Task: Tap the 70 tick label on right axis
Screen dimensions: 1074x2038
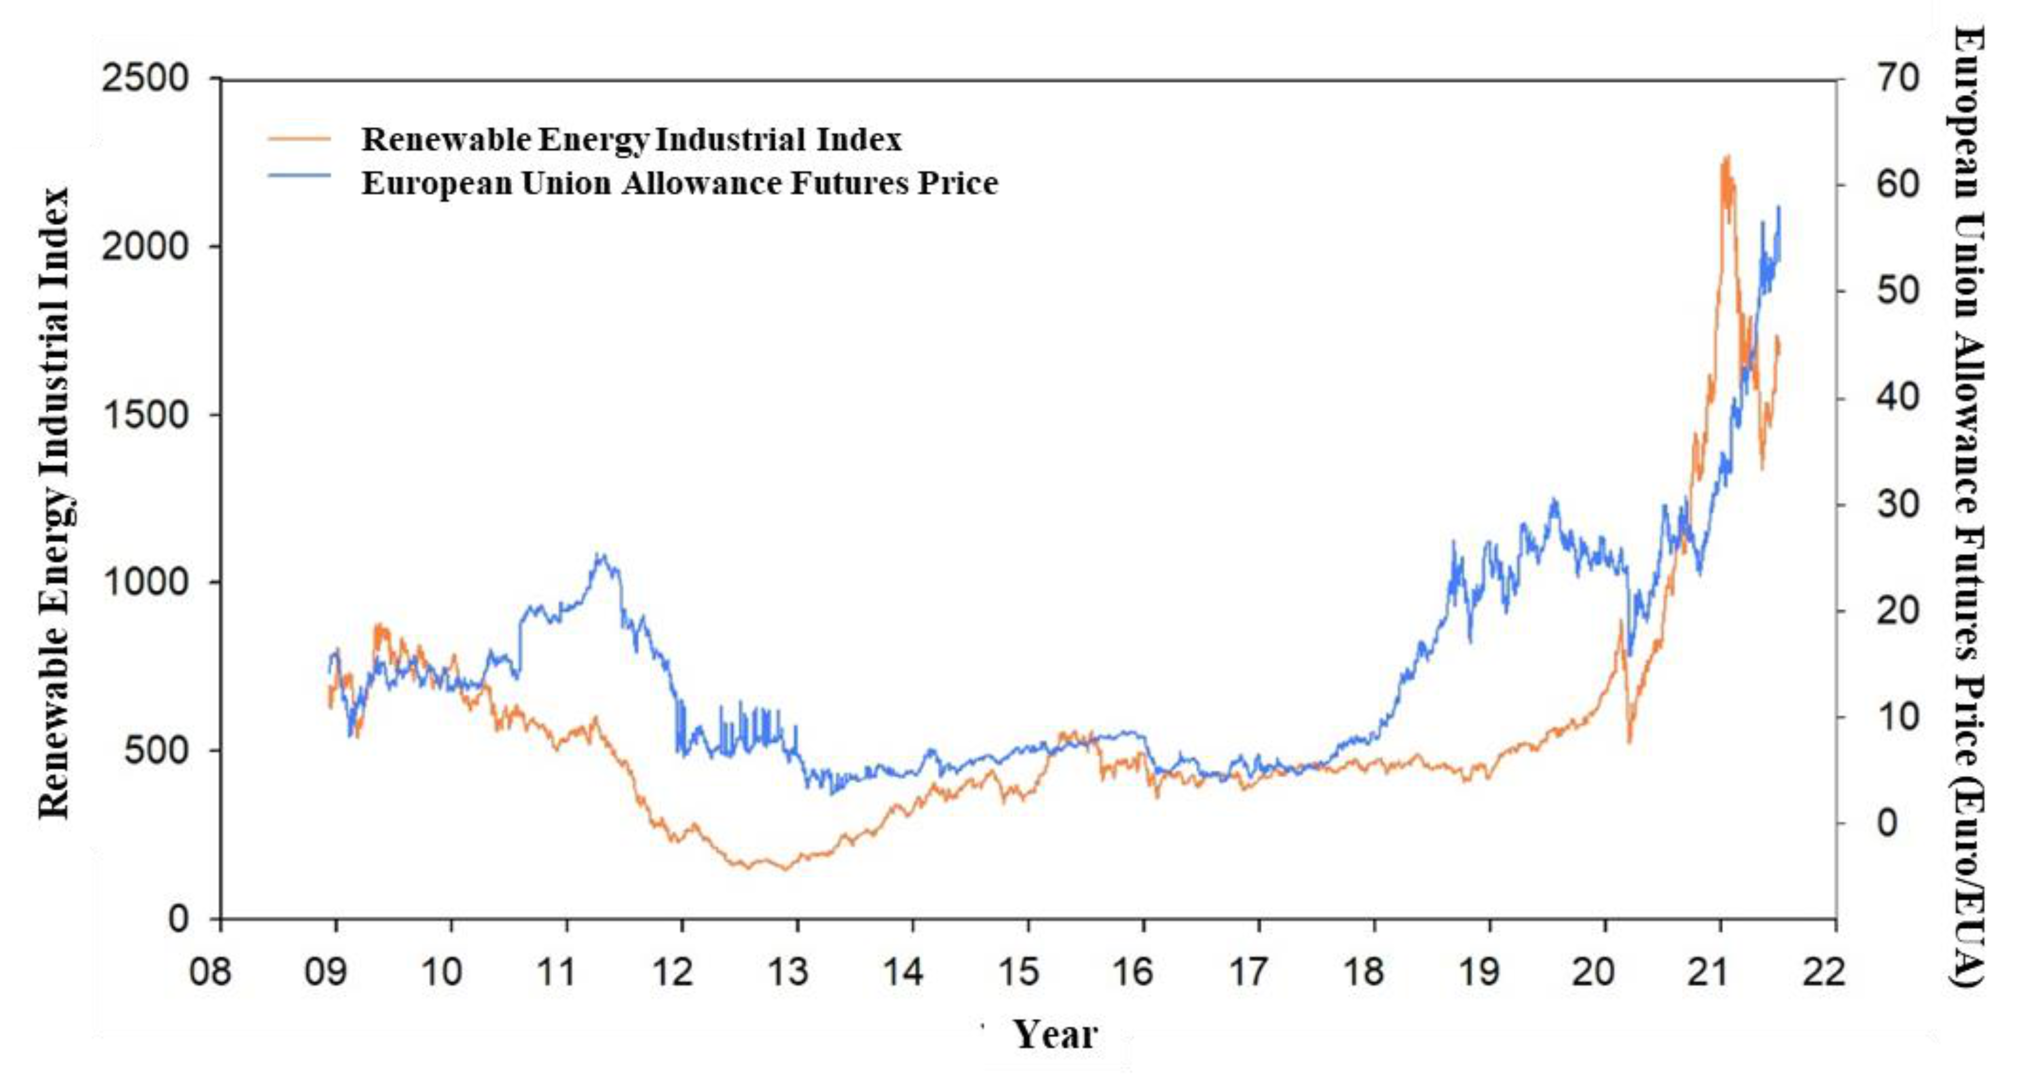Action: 1897,78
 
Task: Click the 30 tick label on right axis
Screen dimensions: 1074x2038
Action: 1897,504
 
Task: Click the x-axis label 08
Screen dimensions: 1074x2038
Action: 210,971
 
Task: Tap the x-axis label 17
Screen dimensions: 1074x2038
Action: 1248,971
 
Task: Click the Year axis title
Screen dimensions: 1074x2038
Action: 1055,1034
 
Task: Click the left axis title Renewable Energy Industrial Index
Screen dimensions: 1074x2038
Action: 55,503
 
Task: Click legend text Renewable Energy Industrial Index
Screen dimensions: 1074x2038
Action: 631,140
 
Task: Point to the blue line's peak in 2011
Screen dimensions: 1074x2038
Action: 601,554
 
